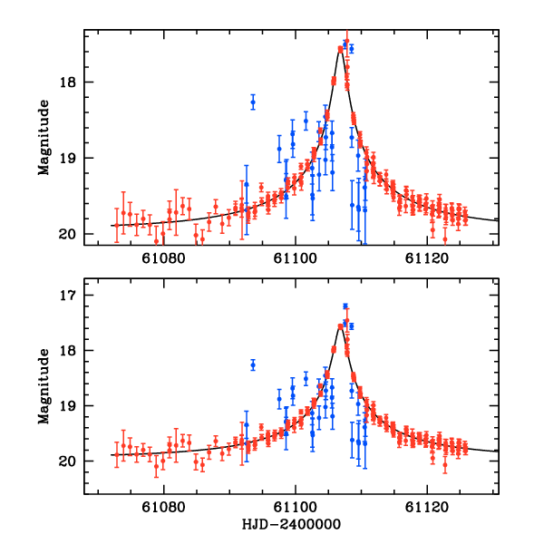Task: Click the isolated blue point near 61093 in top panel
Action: (x=253, y=102)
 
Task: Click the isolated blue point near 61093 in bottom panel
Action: (x=253, y=364)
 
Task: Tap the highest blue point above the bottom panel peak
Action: (x=345, y=306)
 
